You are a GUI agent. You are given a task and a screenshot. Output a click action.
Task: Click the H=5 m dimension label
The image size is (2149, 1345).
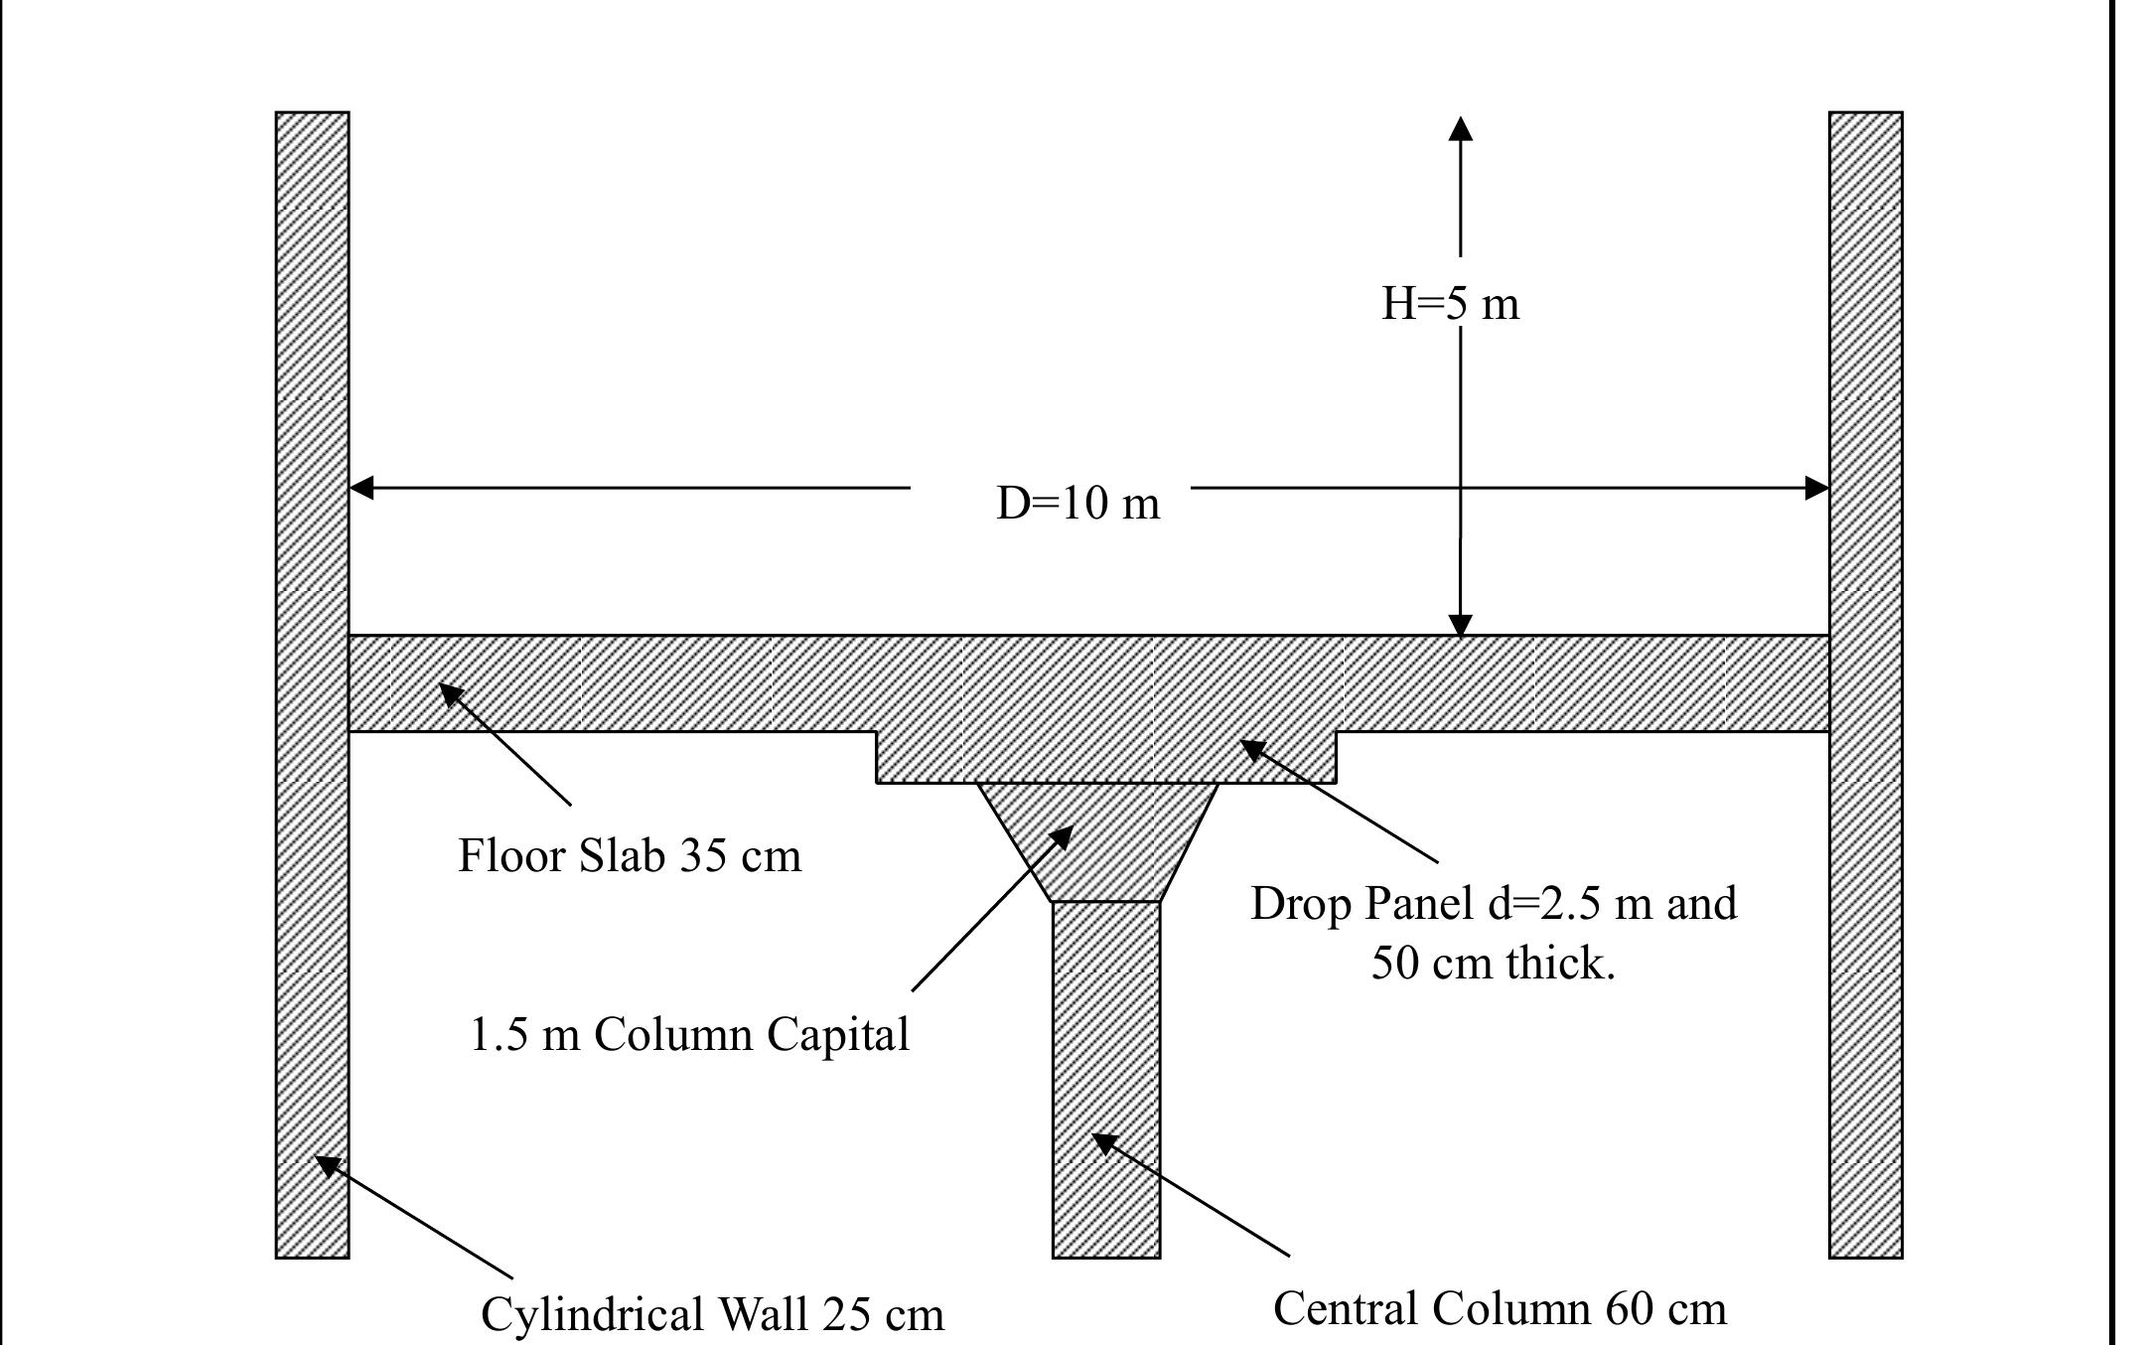click(x=1450, y=303)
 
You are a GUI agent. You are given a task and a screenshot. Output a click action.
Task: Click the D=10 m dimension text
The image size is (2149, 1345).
click(x=1077, y=503)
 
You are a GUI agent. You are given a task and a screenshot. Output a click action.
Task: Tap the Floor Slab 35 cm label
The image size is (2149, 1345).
click(x=629, y=855)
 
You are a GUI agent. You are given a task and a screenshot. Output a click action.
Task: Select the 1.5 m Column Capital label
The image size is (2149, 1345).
click(x=688, y=1034)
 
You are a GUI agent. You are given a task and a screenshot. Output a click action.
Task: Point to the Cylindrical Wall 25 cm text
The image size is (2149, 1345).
click(x=712, y=1314)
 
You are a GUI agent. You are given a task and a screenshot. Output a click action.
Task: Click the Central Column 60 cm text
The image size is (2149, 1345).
click(x=1500, y=1308)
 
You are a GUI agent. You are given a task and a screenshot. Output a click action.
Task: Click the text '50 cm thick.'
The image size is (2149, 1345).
click(x=1493, y=963)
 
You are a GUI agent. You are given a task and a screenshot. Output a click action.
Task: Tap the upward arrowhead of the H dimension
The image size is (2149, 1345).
click(x=1460, y=129)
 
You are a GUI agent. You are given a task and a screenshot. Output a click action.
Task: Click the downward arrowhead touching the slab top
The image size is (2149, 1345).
click(x=1460, y=625)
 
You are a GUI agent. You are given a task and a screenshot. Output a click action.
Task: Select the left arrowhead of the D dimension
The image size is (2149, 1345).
click(x=362, y=488)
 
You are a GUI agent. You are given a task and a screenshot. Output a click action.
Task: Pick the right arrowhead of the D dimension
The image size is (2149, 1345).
click(x=1816, y=488)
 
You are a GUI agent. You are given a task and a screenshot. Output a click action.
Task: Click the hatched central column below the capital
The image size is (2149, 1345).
click(x=1106, y=1073)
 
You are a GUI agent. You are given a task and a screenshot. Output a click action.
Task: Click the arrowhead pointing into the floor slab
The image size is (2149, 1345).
click(x=451, y=693)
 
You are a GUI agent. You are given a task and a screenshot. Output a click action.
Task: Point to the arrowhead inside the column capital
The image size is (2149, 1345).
click(x=1061, y=836)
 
